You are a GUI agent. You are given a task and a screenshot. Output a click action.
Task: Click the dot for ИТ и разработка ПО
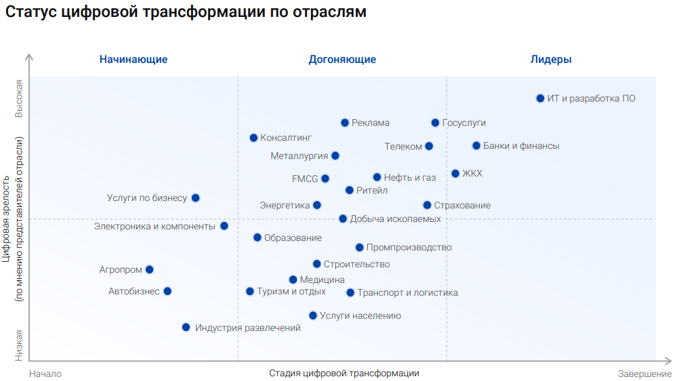(540, 98)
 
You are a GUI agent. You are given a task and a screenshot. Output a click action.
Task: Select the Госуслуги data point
(435, 122)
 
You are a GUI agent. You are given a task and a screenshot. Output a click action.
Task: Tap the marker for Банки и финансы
(476, 145)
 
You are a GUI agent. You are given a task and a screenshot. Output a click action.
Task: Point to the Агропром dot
(149, 269)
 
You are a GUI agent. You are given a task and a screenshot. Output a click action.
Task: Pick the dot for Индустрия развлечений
(186, 328)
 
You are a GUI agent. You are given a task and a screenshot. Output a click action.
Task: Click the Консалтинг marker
(253, 137)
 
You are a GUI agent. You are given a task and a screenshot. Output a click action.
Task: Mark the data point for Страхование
(427, 205)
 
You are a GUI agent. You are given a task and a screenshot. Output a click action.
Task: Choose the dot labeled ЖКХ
(455, 173)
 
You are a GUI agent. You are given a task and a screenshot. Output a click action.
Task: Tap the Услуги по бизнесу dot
(195, 198)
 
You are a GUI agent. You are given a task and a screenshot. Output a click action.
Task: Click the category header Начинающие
(133, 60)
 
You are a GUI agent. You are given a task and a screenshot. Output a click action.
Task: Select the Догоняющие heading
(342, 60)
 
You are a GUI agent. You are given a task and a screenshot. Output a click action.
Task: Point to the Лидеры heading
(551, 60)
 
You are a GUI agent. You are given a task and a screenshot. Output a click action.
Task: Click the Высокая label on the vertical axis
(20, 99)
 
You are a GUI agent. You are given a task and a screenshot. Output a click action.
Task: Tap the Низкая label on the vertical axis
(20, 345)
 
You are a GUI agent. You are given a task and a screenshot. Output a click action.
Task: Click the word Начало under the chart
(45, 374)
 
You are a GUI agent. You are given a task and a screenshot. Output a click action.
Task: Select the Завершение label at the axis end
(644, 374)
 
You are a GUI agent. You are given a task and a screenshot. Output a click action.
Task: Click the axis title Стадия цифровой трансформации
(344, 374)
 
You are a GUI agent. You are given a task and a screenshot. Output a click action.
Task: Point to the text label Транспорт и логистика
(407, 293)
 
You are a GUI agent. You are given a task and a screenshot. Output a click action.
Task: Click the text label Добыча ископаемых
(395, 219)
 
